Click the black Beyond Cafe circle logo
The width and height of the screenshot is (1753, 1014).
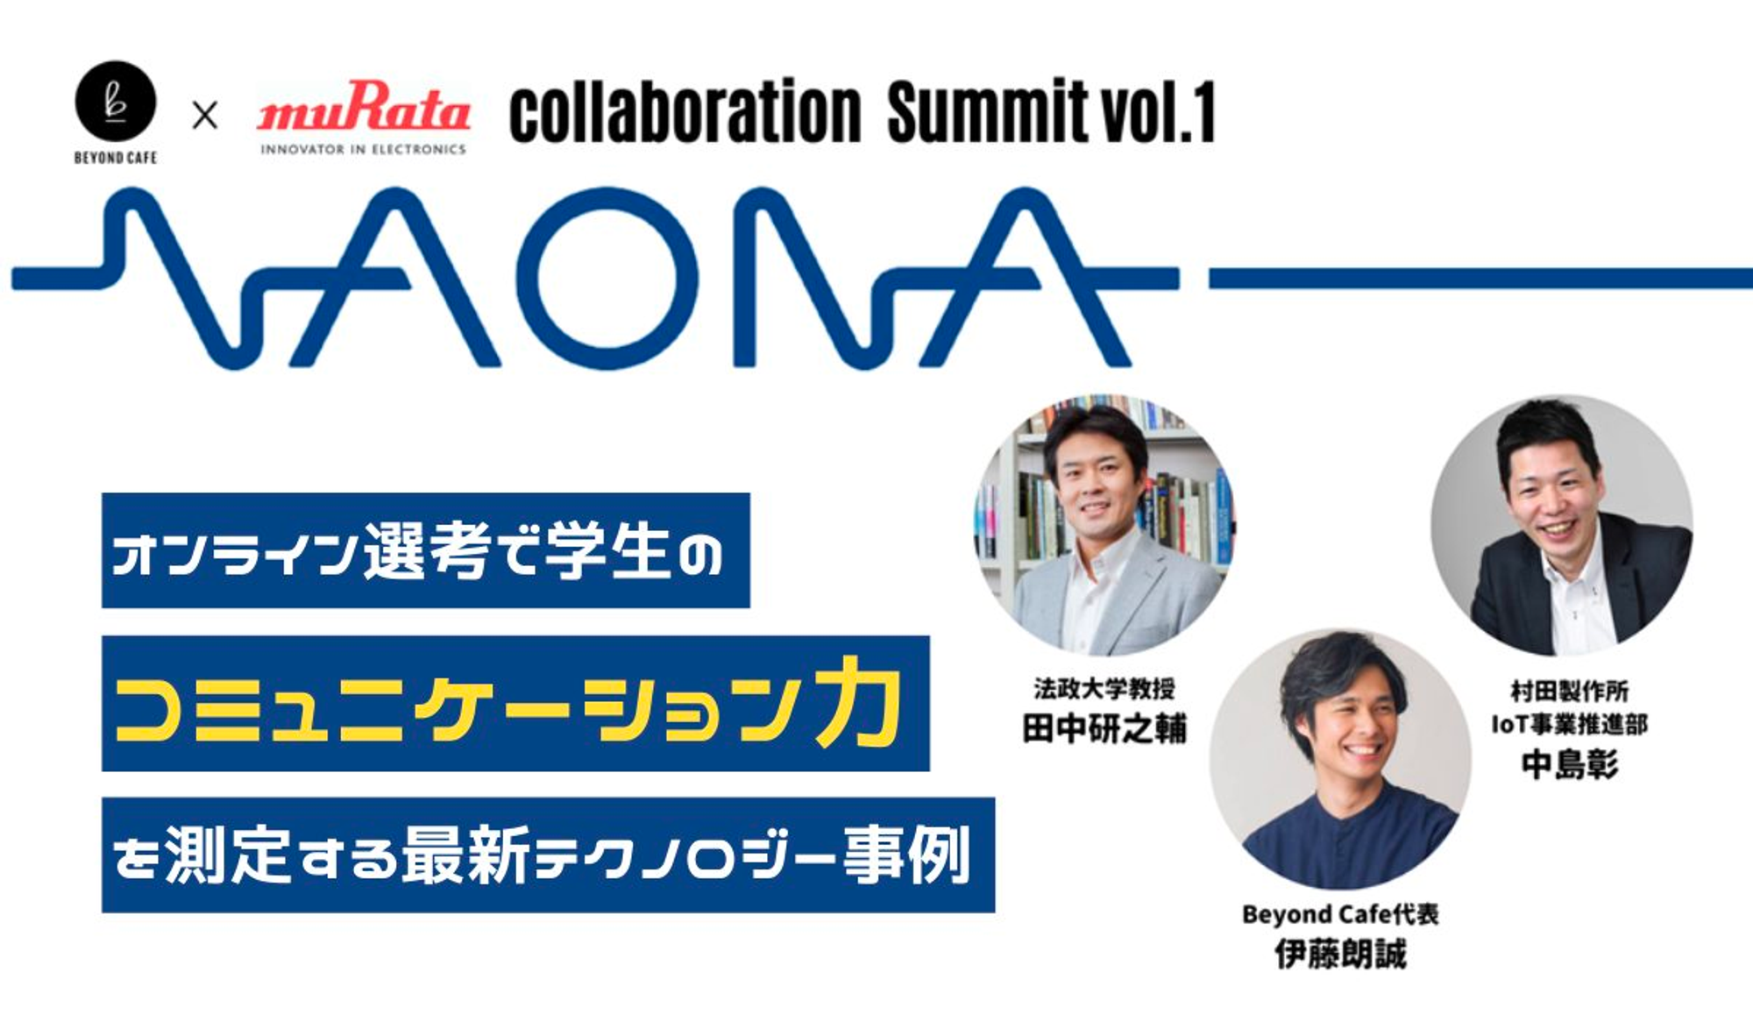click(116, 101)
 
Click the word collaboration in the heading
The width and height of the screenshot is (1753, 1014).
click(685, 112)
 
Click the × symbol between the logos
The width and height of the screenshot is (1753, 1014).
click(205, 115)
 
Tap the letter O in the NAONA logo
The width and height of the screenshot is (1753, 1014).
click(607, 277)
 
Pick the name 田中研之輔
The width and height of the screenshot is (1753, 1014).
click(1104, 728)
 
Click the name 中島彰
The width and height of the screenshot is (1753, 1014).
click(1570, 764)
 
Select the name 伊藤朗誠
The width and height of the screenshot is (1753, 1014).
click(1340, 954)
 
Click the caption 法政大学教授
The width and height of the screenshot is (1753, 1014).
click(1104, 689)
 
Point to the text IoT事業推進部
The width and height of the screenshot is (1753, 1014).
click(1569, 724)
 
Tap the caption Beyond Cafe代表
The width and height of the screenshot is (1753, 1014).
click(1340, 914)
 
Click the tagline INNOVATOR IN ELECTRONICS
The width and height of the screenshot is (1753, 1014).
click(363, 150)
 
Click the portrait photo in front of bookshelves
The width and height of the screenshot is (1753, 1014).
click(1104, 524)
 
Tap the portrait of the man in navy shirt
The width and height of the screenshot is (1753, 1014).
click(1340, 759)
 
